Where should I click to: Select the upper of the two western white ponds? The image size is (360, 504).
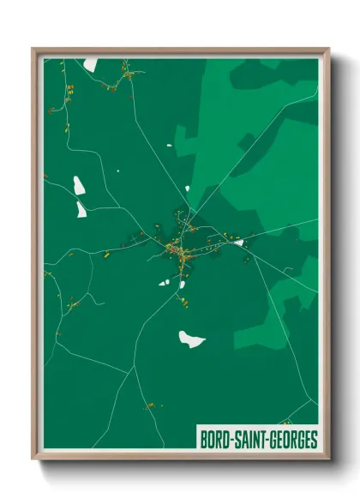79,184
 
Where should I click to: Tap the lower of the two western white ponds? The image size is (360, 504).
81,209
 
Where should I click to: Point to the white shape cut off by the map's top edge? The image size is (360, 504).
91,64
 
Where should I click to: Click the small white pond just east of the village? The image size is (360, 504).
239,243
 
